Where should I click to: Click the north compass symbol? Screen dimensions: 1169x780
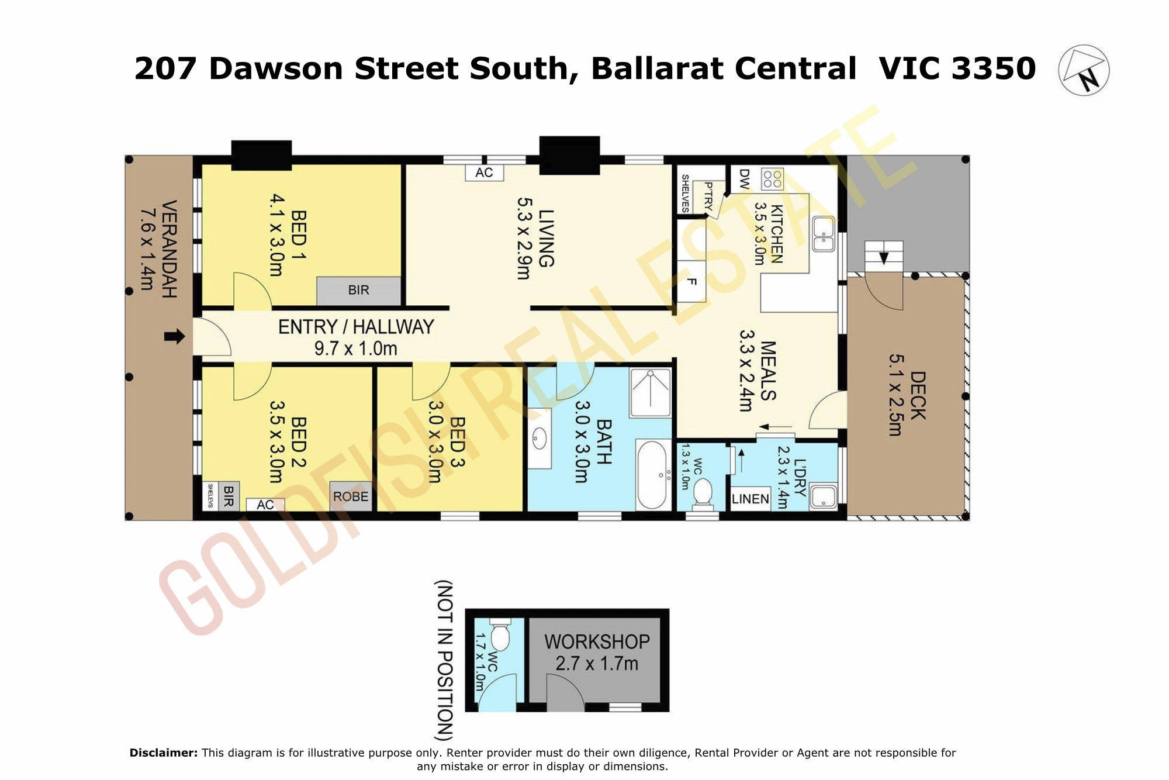(x=1084, y=70)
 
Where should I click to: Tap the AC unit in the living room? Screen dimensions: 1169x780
(x=484, y=172)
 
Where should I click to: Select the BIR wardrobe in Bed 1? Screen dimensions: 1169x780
(x=359, y=291)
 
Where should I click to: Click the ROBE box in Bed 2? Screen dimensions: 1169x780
(x=351, y=496)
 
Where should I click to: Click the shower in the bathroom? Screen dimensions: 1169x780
(x=651, y=392)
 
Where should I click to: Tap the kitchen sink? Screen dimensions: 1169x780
(x=824, y=234)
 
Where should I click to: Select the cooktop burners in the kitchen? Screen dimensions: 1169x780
(x=772, y=178)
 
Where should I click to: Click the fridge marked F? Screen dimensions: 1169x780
(x=691, y=281)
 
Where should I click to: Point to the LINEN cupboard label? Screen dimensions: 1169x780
(x=750, y=499)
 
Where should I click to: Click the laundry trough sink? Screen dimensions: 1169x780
(x=824, y=496)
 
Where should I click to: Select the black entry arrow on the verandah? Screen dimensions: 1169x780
(x=174, y=336)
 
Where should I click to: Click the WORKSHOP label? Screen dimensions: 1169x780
(x=597, y=641)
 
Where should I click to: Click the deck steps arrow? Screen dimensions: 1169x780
(x=884, y=258)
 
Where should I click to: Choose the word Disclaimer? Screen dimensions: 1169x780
(x=164, y=753)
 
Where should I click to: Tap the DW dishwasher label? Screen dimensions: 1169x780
(x=744, y=179)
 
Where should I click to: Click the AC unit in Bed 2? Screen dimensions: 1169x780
(x=265, y=504)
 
